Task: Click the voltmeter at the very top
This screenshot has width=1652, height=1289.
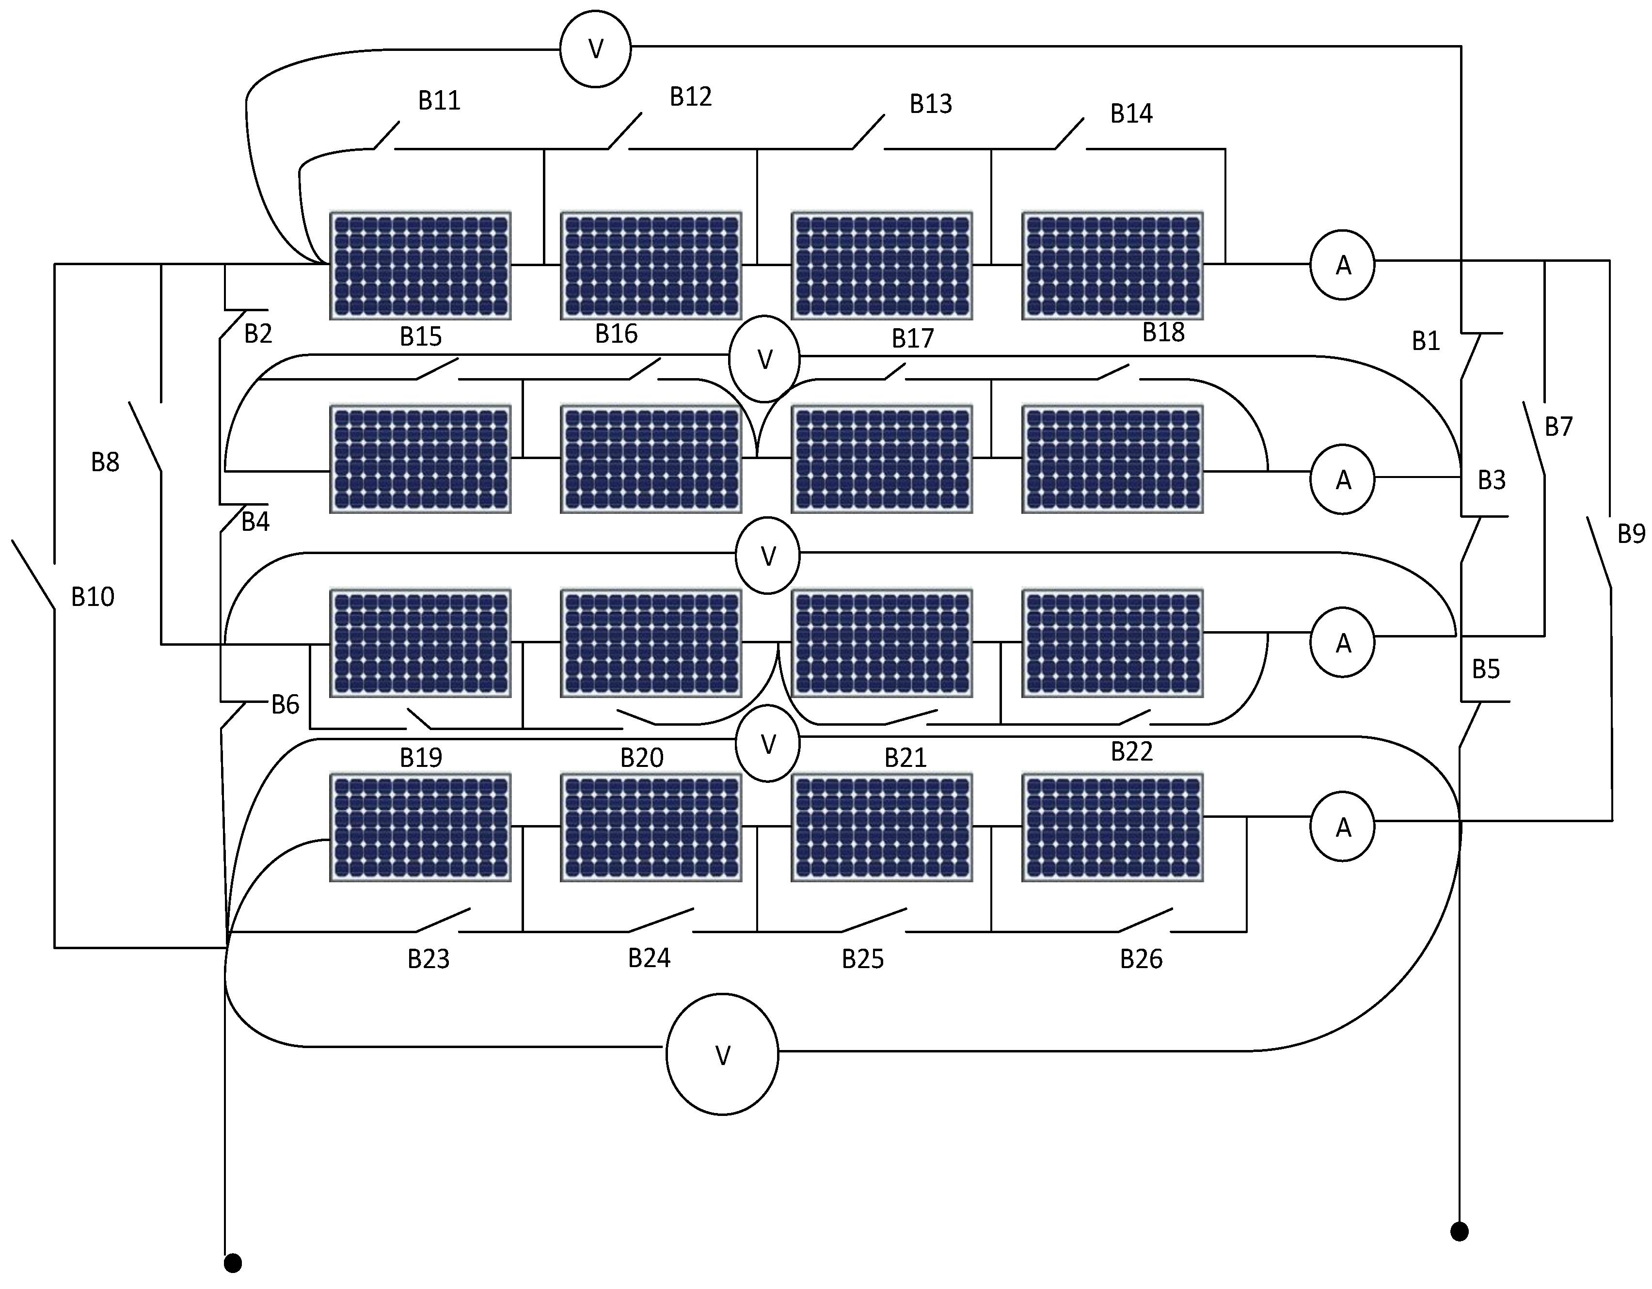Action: coord(595,49)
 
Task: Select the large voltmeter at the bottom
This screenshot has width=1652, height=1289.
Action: coord(722,1054)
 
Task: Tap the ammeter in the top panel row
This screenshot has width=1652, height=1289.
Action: coord(1343,265)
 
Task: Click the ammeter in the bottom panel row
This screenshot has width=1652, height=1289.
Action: coord(1343,827)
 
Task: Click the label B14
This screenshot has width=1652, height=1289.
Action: coord(1131,113)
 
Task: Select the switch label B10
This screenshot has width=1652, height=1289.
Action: coord(92,597)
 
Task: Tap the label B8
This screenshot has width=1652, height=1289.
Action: coord(105,462)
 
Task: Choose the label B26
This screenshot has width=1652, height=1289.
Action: coord(1141,959)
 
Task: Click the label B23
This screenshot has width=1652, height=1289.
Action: coord(428,959)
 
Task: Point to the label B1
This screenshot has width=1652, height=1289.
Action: coord(1426,341)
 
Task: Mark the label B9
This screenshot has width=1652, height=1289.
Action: coord(1631,534)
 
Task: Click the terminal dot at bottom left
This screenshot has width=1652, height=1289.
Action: coord(233,1262)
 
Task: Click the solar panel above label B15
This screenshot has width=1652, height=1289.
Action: coord(421,266)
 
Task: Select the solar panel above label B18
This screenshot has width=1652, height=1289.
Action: coord(1112,266)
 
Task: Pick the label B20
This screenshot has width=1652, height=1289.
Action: coord(641,757)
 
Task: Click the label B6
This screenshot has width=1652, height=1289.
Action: coord(285,705)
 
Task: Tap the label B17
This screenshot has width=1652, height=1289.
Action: coord(912,339)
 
